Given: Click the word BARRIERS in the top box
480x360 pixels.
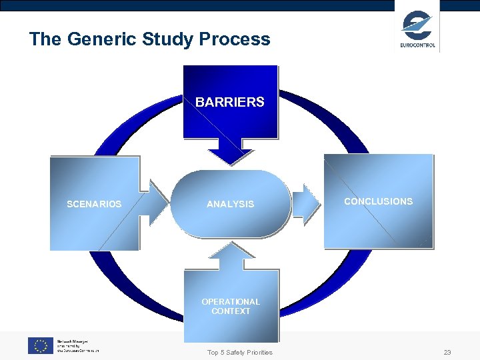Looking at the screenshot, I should coord(230,103).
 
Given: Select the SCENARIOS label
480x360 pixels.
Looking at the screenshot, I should coord(94,204).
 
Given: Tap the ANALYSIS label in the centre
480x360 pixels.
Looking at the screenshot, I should coord(230,204).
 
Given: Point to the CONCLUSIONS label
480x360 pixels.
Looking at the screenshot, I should coord(378,201).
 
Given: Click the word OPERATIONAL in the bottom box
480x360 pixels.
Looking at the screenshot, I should coord(231,302).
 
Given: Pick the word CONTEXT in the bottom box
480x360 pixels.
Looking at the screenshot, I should coord(231,311).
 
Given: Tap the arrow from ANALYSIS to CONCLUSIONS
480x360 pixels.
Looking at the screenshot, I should coord(307,203).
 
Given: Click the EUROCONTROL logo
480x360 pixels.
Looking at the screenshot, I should coord(417,29).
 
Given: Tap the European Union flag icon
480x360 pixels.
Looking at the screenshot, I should coord(40,345).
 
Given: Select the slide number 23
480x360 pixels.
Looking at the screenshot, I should coord(447,353).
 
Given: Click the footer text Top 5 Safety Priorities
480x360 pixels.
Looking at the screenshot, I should coord(240,353).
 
